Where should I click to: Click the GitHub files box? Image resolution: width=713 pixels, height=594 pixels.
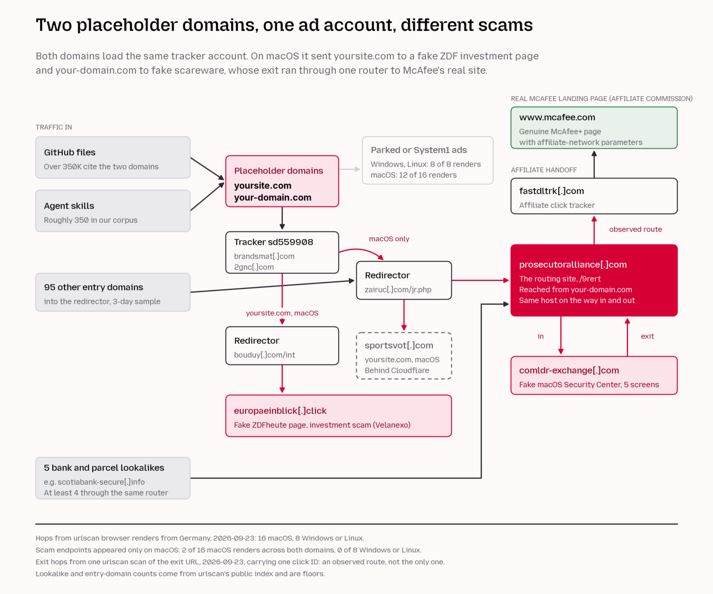(113, 157)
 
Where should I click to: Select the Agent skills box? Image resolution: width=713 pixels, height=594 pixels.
(113, 211)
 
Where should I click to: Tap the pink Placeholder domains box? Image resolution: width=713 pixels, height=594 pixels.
(282, 181)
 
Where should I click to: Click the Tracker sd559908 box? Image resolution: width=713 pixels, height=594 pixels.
(282, 252)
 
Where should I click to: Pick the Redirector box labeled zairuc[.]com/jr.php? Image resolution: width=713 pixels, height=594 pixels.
(404, 280)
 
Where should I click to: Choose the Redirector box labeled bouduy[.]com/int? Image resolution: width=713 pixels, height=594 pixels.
(282, 346)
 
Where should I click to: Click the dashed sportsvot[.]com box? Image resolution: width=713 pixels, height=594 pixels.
(404, 356)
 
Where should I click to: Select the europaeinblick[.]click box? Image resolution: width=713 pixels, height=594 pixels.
(338, 416)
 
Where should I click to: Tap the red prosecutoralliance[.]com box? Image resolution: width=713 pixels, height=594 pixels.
(594, 280)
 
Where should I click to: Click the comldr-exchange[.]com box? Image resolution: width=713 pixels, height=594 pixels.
(594, 376)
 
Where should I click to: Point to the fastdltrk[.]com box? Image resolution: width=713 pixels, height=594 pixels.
(594, 196)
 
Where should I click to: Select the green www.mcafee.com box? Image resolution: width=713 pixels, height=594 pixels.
(594, 128)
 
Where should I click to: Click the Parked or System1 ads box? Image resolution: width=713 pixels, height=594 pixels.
(427, 160)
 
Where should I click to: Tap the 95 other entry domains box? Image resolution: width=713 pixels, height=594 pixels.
(113, 292)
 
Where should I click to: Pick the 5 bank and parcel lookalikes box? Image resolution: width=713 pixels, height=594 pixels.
(113, 478)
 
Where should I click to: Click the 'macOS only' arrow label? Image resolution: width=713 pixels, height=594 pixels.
(389, 239)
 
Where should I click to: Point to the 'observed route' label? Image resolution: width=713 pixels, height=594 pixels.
(636, 230)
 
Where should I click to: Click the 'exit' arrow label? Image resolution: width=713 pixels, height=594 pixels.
(647, 336)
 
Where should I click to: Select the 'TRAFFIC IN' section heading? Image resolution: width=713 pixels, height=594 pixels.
(53, 127)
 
